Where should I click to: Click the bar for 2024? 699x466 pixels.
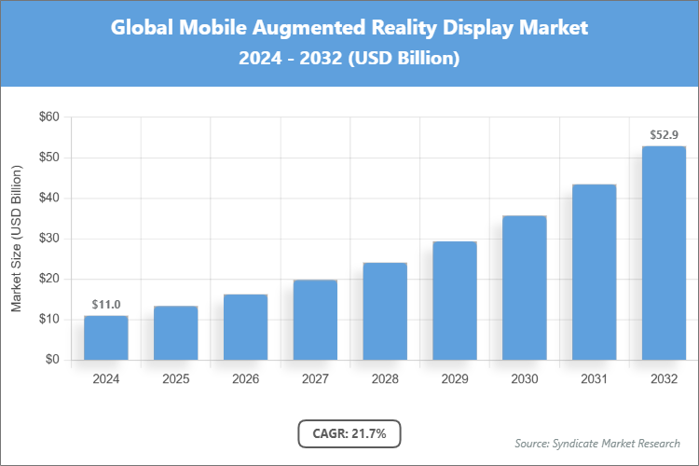[x=105, y=337]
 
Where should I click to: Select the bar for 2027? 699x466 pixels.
[x=315, y=320]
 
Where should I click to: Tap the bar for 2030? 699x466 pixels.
[x=524, y=287]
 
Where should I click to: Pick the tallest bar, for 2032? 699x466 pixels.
[x=664, y=253]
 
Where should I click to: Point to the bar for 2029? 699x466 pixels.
[x=454, y=300]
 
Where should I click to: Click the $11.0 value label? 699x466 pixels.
[x=105, y=305]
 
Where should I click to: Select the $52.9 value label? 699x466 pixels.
[x=664, y=135]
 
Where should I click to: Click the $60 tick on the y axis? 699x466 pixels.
[x=48, y=117]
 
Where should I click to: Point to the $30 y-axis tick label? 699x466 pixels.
[x=48, y=239]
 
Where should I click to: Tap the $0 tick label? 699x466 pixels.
[x=52, y=360]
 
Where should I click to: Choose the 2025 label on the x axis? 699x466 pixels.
[x=175, y=379]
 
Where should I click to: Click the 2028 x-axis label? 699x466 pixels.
[x=385, y=379]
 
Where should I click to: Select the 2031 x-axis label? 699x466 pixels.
[x=594, y=379]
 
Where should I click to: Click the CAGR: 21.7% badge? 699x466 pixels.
[x=349, y=433]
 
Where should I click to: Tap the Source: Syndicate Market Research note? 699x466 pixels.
[x=596, y=443]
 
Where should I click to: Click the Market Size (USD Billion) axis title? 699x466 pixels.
[x=16, y=239]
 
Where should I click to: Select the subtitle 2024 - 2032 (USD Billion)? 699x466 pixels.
[x=349, y=58]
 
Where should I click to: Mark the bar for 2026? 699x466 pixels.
[x=245, y=327]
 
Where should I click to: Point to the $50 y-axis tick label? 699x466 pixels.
[x=48, y=158]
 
